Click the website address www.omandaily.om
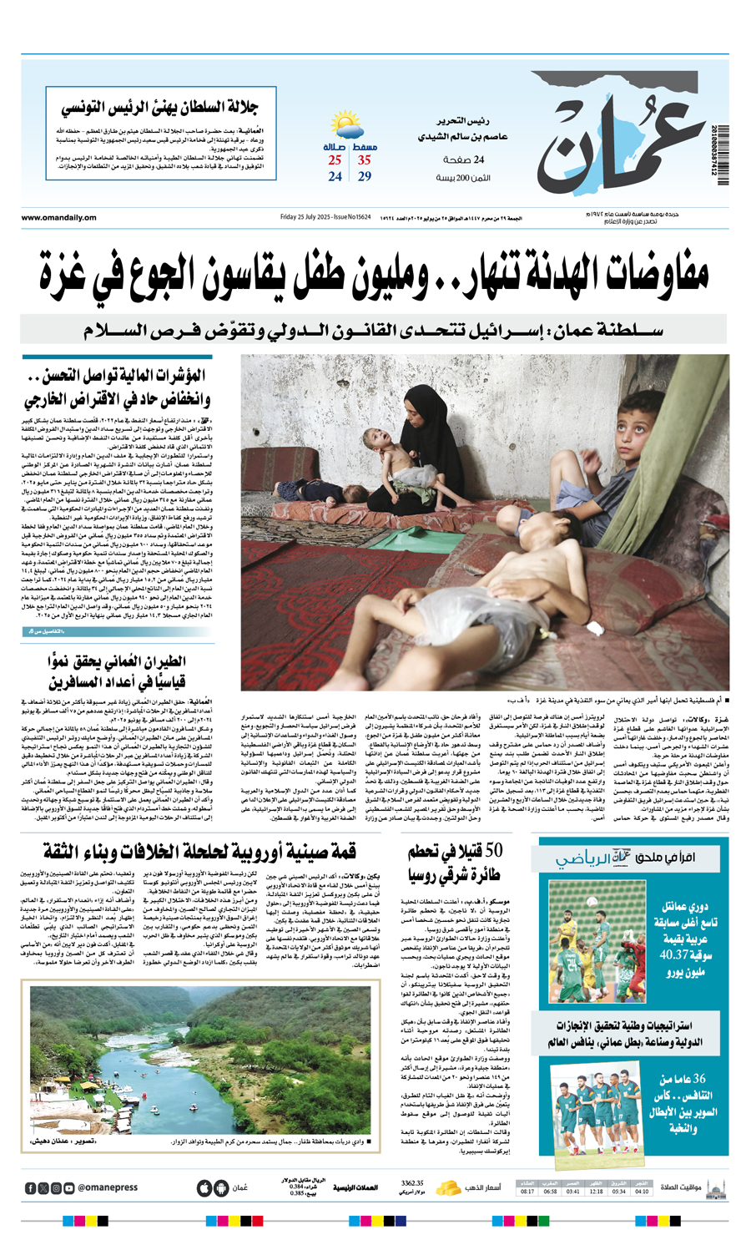coord(59,218)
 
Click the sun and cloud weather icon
coord(346,127)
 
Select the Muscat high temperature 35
coord(365,160)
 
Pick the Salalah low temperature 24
coord(335,177)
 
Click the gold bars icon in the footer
coord(449,1187)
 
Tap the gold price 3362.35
coord(412,1183)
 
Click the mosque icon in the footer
coord(715,1187)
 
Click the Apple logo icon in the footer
coord(204,1187)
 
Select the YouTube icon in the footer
coord(69,1187)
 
